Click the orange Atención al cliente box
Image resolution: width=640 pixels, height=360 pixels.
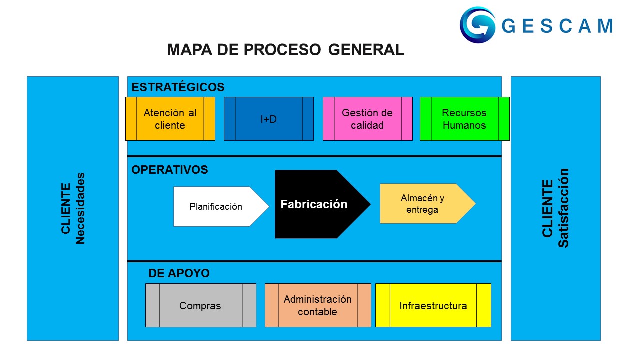pyautogui.click(x=170, y=119)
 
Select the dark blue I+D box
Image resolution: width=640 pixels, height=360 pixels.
pyautogui.click(x=269, y=119)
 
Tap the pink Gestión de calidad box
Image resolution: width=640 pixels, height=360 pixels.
pyautogui.click(x=367, y=119)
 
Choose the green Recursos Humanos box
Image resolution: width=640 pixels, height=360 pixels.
pyautogui.click(x=464, y=119)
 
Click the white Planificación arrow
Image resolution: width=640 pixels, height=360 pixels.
pyautogui.click(x=216, y=206)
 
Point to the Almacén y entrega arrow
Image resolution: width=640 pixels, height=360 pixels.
pyautogui.click(x=422, y=204)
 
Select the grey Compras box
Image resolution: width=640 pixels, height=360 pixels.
pyautogui.click(x=200, y=305)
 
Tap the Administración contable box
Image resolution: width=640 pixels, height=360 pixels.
pyautogui.click(x=317, y=305)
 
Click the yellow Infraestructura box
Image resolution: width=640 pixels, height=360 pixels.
pyautogui.click(x=433, y=305)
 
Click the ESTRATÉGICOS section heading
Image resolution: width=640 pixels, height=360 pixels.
pyautogui.click(x=178, y=87)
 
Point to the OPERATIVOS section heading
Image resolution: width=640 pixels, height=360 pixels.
pyautogui.click(x=170, y=170)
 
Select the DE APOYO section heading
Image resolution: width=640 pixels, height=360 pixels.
pyautogui.click(x=179, y=273)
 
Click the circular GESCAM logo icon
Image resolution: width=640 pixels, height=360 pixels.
pyautogui.click(x=477, y=25)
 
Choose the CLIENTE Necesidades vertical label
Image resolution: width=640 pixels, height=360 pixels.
pyautogui.click(x=73, y=208)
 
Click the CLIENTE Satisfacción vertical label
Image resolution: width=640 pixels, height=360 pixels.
pyautogui.click(x=555, y=208)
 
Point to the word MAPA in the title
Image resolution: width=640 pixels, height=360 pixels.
pyautogui.click(x=189, y=50)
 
